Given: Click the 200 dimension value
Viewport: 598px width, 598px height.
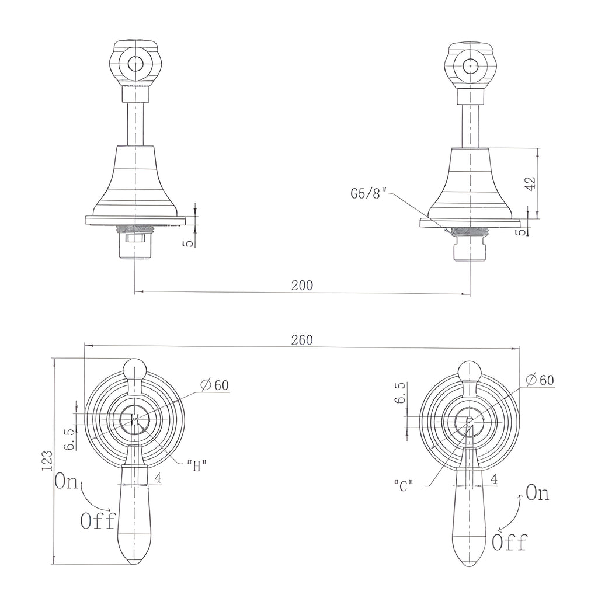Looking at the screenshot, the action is pos(302,285).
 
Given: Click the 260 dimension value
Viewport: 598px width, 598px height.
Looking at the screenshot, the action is pos(302,340).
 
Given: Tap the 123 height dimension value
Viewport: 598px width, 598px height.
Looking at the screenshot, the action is pos(47,461).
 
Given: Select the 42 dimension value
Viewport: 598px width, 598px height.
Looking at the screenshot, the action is pos(530,182).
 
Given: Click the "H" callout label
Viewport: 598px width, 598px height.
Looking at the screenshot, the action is pos(197,465).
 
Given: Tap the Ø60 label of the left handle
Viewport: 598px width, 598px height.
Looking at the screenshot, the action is pos(215,385).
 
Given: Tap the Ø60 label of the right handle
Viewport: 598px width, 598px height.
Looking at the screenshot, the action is pos(540,380).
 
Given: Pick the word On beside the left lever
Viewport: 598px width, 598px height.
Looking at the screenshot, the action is pos(66,481).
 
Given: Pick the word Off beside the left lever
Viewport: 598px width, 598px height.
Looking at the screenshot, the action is pos(98,520).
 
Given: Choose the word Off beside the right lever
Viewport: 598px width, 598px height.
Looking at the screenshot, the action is pos(509,542).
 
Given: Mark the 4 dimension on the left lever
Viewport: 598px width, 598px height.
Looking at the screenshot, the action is pos(158,478).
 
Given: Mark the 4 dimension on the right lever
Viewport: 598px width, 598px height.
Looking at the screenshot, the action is pos(494,479).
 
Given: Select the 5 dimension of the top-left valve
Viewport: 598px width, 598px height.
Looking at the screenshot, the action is pos(189,243).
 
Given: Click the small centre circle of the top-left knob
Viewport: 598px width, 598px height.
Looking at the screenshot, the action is pos(135,64).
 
